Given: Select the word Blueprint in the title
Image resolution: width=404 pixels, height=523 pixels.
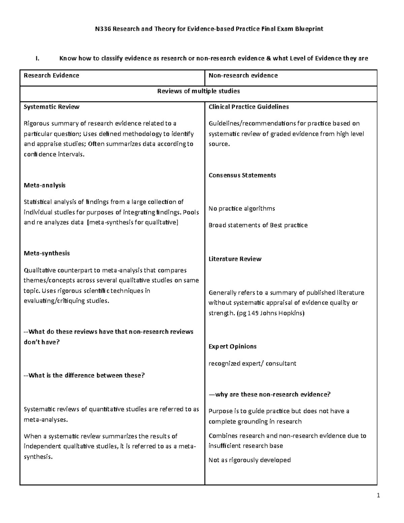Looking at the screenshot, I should click(309, 29).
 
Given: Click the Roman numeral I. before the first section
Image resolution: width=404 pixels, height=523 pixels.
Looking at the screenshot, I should click(37, 59).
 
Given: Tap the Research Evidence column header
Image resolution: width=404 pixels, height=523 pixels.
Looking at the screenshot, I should click(51, 75).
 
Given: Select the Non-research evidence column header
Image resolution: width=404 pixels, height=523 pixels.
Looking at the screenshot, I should click(243, 75).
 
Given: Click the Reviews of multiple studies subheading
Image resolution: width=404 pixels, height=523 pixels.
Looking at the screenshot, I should click(198, 91).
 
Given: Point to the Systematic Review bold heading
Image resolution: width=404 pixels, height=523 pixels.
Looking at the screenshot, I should click(51, 107).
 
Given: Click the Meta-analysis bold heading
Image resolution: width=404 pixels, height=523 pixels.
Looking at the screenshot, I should click(44, 185).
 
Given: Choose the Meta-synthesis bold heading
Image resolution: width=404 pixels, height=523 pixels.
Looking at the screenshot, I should click(46, 253).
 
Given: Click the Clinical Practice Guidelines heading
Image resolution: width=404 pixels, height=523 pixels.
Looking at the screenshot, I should click(248, 107).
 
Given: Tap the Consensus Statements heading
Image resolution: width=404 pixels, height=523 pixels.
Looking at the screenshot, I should click(242, 175).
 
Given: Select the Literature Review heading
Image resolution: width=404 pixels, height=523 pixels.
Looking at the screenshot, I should click(235, 259).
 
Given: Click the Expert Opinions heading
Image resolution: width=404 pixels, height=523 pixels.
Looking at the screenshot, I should click(232, 347).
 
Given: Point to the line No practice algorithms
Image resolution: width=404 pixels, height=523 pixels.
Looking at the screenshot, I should click(241, 208).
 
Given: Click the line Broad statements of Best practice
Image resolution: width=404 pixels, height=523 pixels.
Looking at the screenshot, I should click(258, 225).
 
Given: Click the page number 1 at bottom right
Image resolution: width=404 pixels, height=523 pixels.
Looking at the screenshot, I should click(378, 495).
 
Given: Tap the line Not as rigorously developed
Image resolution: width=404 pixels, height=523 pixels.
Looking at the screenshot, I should click(249, 460).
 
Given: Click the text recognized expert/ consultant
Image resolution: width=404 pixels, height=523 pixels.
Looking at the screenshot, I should click(252, 363).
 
